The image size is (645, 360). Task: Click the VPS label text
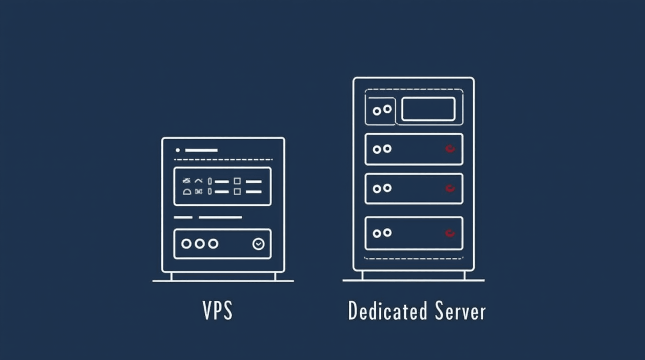(x=218, y=311)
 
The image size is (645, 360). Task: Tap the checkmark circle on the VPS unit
(x=259, y=244)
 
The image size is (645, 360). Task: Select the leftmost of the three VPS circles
(x=187, y=244)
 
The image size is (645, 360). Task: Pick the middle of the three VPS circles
(x=200, y=244)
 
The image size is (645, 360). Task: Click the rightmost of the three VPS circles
(x=213, y=244)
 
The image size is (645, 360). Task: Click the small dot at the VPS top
(x=178, y=150)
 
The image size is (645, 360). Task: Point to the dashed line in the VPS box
(x=223, y=160)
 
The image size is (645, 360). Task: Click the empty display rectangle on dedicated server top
(x=428, y=109)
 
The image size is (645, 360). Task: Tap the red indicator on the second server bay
(x=450, y=149)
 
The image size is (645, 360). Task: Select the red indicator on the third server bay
(x=450, y=188)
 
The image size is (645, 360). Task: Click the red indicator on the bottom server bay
(x=450, y=233)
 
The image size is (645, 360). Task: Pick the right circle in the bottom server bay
(x=387, y=233)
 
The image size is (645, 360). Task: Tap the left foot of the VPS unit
(x=171, y=276)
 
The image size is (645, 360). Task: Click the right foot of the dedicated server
(x=464, y=275)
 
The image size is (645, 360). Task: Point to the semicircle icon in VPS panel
(x=187, y=191)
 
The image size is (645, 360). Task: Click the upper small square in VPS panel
(x=237, y=182)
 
